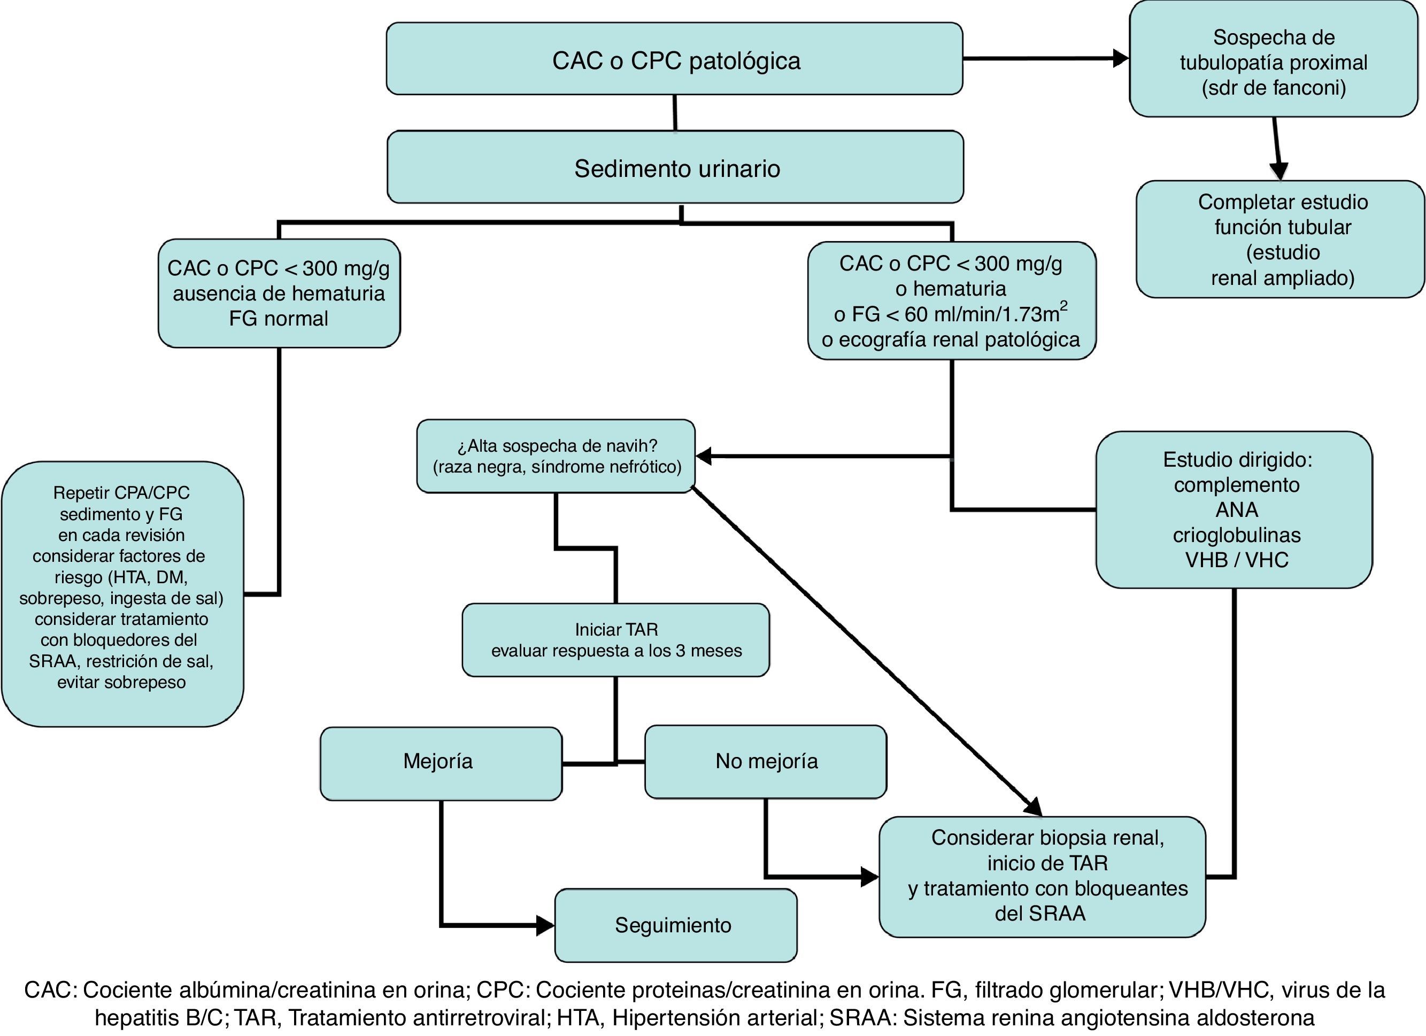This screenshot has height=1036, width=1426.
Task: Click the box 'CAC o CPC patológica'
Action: click(674, 59)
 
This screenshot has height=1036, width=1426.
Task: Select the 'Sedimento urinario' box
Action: click(675, 167)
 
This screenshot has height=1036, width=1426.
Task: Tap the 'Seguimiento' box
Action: click(675, 925)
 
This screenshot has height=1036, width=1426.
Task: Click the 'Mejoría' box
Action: click(440, 762)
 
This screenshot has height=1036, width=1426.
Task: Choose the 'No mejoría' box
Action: click(765, 761)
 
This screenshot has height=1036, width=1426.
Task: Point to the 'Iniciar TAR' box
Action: click(615, 640)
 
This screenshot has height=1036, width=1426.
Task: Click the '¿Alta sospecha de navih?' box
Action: click(556, 456)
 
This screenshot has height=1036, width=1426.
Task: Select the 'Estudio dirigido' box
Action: click(1234, 509)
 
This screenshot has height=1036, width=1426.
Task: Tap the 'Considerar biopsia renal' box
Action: click(1042, 876)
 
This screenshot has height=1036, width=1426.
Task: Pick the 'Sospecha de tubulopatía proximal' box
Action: click(1273, 60)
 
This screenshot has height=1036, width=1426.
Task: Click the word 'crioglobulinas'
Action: click(1236, 535)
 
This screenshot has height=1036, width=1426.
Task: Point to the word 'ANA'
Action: click(1236, 510)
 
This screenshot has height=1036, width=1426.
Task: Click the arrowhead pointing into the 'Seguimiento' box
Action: click(544, 925)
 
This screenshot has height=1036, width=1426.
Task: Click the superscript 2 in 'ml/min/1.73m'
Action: click(1064, 306)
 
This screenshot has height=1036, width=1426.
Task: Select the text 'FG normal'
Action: click(279, 319)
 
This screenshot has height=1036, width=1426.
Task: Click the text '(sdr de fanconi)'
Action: click(1273, 87)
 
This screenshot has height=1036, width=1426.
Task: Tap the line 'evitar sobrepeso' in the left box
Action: click(121, 682)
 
